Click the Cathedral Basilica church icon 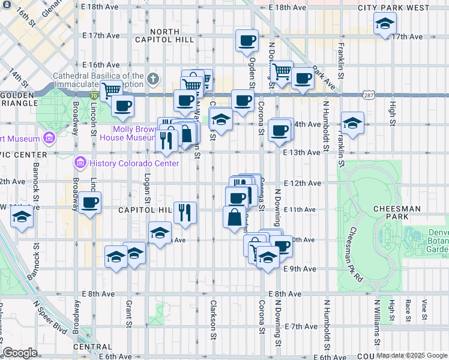pos(153,79)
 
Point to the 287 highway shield pos(369,95)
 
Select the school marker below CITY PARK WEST pos(384,24)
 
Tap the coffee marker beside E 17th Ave pos(247,41)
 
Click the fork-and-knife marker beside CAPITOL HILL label pos(185,212)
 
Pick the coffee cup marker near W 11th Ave pos(90,203)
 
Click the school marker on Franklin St pos(352,123)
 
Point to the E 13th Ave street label pos(302,152)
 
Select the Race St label pos(408,310)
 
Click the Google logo pos(20,353)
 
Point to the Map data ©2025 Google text pos(411,355)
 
